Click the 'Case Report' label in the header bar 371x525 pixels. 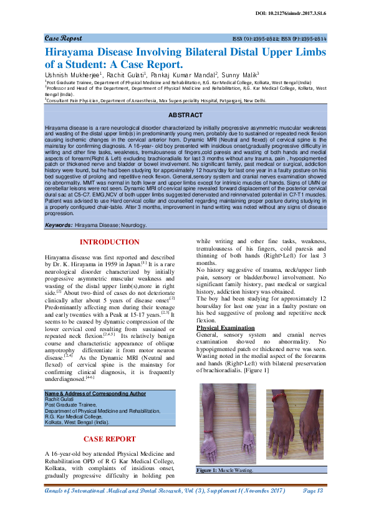63,38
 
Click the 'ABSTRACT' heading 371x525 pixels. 185,115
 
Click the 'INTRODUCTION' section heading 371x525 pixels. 109,242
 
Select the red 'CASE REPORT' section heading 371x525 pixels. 109,439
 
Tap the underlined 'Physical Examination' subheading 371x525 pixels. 226,327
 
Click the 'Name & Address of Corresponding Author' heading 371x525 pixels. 95,393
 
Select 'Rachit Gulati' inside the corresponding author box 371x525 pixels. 59,399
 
